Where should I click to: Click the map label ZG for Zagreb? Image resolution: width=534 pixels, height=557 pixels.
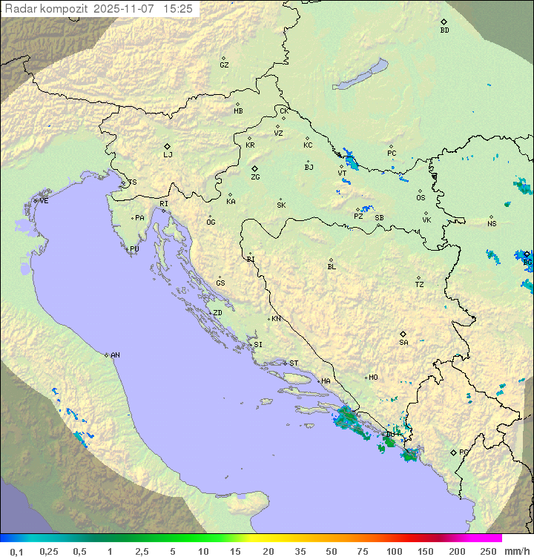click(255, 177)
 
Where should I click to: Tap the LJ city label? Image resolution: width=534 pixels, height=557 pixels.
click(168, 155)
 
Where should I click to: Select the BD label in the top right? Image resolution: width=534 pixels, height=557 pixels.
click(444, 30)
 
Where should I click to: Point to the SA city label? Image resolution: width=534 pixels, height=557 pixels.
click(403, 343)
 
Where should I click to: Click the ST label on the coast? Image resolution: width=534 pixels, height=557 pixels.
click(294, 363)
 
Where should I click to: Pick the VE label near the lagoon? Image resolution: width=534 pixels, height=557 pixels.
click(44, 201)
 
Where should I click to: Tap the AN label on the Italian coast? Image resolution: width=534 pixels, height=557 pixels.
click(115, 355)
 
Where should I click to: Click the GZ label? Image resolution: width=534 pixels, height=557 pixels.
click(224, 65)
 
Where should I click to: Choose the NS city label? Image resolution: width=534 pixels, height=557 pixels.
click(492, 224)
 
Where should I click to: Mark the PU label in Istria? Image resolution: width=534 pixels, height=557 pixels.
click(134, 249)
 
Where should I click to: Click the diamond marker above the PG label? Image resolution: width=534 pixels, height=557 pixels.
click(453, 452)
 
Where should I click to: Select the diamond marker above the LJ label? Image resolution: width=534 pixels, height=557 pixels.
click(168, 146)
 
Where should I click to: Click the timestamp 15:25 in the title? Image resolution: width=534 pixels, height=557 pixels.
click(179, 9)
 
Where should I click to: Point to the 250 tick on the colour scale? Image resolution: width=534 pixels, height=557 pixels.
click(487, 551)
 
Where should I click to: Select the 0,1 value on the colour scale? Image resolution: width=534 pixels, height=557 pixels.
click(16, 551)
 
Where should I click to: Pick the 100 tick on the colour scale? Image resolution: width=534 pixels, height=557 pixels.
click(394, 551)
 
